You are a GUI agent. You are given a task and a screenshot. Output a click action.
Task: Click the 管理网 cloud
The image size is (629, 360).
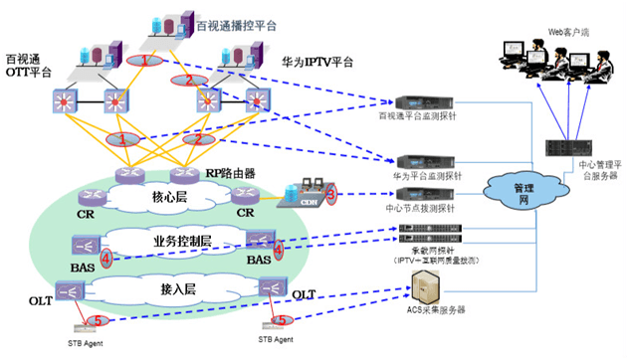pyautogui.click(x=516, y=190)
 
